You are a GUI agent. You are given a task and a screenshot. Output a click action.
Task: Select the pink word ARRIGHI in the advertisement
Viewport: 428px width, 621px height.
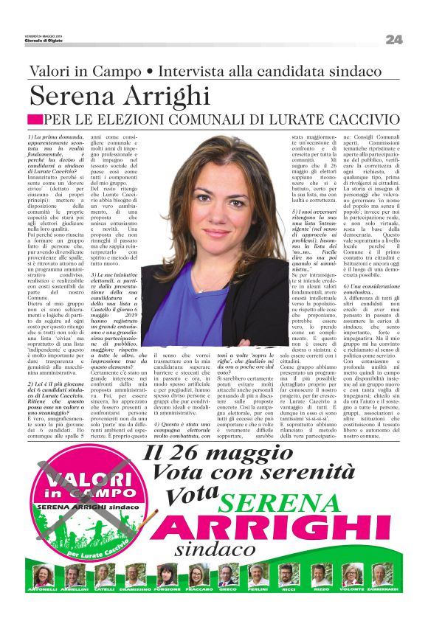(x=268, y=529)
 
